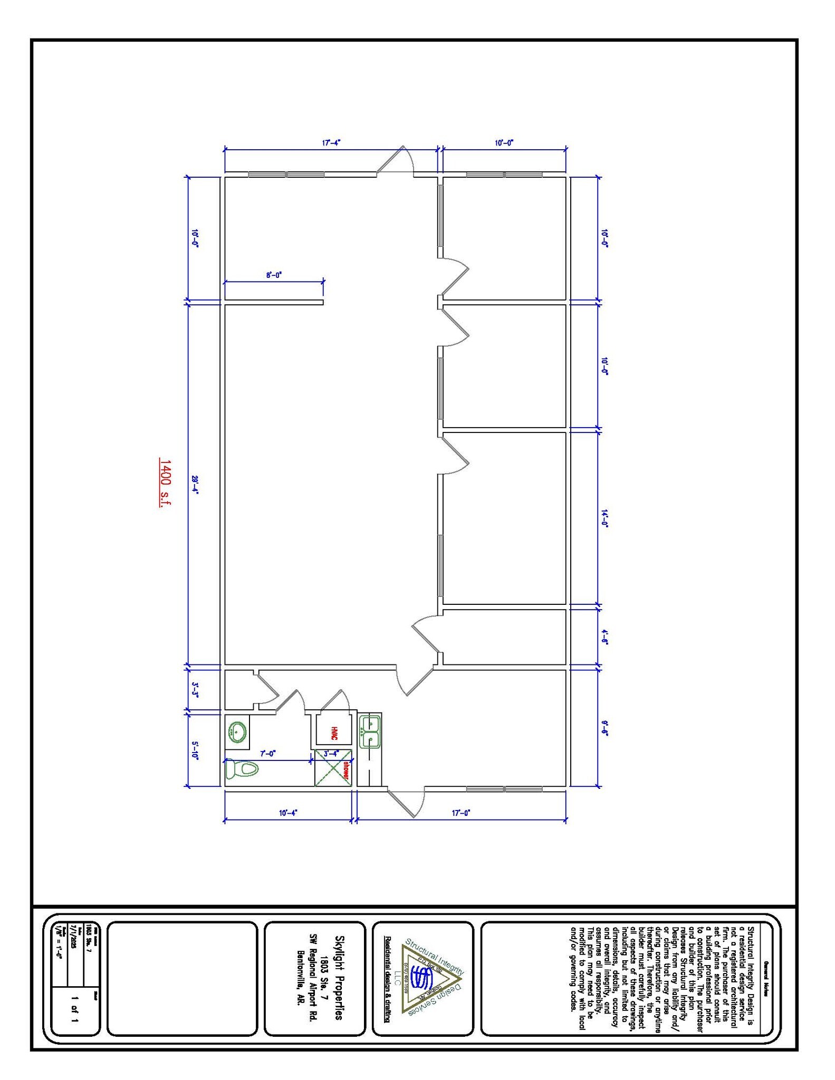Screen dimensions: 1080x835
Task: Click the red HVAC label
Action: tap(334, 733)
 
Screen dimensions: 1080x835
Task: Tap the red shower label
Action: tap(346, 769)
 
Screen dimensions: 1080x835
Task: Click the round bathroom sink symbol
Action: tap(237, 731)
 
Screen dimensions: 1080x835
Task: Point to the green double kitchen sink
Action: tap(370, 731)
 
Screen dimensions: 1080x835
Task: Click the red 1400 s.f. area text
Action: tap(165, 483)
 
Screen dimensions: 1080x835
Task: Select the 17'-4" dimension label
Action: tap(331, 142)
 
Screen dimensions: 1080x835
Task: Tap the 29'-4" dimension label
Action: tap(195, 484)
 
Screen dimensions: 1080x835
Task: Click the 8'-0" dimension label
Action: tap(274, 275)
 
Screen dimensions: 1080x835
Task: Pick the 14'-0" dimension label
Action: tap(605, 518)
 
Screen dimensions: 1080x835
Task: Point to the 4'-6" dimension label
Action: tap(605, 637)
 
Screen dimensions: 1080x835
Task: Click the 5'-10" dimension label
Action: tap(195, 750)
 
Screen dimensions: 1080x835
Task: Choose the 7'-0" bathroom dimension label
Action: tap(267, 754)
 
